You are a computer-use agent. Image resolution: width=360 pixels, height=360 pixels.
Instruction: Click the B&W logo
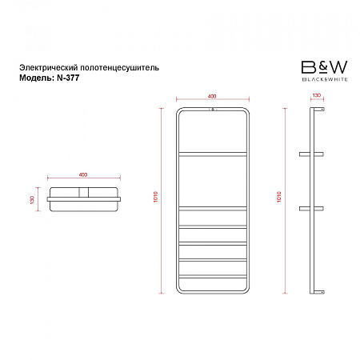point(325,70)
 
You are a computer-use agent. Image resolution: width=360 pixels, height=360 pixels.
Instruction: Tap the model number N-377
point(68,78)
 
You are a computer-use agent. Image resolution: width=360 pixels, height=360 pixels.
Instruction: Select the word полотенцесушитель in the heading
point(120,68)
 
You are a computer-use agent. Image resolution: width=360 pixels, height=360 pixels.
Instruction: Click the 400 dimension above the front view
point(212,97)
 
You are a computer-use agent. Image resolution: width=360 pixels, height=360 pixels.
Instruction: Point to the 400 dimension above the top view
point(83,174)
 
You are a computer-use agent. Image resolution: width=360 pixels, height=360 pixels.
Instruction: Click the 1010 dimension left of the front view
point(156,197)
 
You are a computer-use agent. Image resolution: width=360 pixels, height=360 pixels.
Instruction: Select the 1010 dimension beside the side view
point(279,197)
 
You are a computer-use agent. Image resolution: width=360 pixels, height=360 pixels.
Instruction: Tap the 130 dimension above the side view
point(317,95)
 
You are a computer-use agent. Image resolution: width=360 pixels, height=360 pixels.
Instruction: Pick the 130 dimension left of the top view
point(32,200)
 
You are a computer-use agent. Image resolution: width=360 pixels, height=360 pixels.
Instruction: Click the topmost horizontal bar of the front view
point(213,154)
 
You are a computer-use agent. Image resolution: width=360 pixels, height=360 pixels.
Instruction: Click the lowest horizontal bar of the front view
point(213,277)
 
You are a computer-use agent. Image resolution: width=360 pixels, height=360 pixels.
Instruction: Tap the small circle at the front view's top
point(213,109)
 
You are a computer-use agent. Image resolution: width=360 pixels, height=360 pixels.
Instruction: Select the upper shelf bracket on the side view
point(311,154)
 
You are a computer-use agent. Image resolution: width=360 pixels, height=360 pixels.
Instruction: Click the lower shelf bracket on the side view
point(311,209)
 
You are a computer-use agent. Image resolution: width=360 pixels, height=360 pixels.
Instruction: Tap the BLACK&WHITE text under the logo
point(325,79)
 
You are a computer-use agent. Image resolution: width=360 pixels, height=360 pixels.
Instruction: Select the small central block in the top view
point(84,192)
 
